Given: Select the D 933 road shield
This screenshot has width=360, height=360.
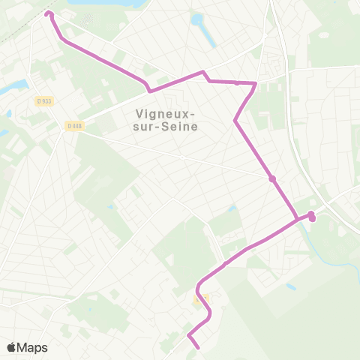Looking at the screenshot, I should coord(43,100).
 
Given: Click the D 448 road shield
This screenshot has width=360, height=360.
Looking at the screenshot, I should coord(73,125).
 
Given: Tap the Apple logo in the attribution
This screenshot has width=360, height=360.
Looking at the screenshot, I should coord(11,347).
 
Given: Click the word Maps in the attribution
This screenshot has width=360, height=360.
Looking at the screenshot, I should coord(33,347).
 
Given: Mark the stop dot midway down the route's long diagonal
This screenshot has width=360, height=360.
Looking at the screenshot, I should coord(272,178).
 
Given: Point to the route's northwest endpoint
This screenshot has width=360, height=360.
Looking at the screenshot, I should coord(49,13).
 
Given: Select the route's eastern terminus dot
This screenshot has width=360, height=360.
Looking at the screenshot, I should coord(312,218).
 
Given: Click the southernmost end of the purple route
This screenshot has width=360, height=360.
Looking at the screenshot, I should coord(197,347).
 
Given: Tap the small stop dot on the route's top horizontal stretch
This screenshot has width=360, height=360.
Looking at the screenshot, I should coord(237,82).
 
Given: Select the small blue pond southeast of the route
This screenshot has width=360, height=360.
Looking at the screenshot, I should coord(291,286).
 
